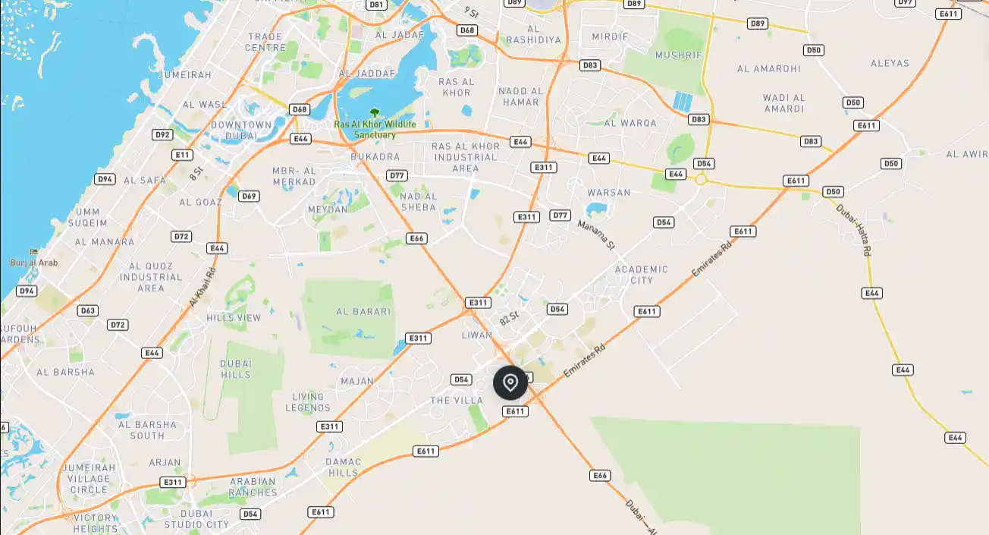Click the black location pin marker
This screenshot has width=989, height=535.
pyautogui.click(x=510, y=382)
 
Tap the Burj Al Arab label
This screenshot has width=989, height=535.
pyautogui.click(x=33, y=263)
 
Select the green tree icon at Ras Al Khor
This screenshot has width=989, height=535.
pyautogui.click(x=374, y=112)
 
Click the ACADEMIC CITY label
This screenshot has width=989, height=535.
pyautogui.click(x=642, y=275)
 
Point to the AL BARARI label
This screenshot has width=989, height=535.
pyautogui.click(x=363, y=311)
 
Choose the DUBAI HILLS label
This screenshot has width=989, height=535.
pyautogui.click(x=235, y=370)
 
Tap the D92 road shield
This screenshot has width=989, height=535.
pyautogui.click(x=162, y=135)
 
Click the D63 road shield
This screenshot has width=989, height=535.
pyautogui.click(x=88, y=310)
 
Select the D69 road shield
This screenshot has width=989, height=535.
pyautogui.click(x=249, y=196)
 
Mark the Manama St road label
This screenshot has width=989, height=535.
pyautogui.click(x=596, y=234)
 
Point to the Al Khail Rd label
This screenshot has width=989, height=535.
pyautogui.click(x=203, y=286)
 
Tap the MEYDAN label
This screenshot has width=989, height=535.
pyautogui.click(x=328, y=209)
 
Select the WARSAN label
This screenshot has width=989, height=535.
pyautogui.click(x=608, y=193)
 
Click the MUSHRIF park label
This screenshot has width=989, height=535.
pyautogui.click(x=678, y=55)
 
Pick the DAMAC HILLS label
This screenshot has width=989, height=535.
pyautogui.click(x=343, y=467)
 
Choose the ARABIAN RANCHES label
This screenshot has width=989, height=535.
pyautogui.click(x=253, y=486)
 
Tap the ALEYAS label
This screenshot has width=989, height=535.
pyautogui.click(x=890, y=63)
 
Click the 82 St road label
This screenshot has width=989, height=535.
pyautogui.click(x=509, y=318)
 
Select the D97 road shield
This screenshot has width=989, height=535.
pyautogui.click(x=905, y=2)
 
